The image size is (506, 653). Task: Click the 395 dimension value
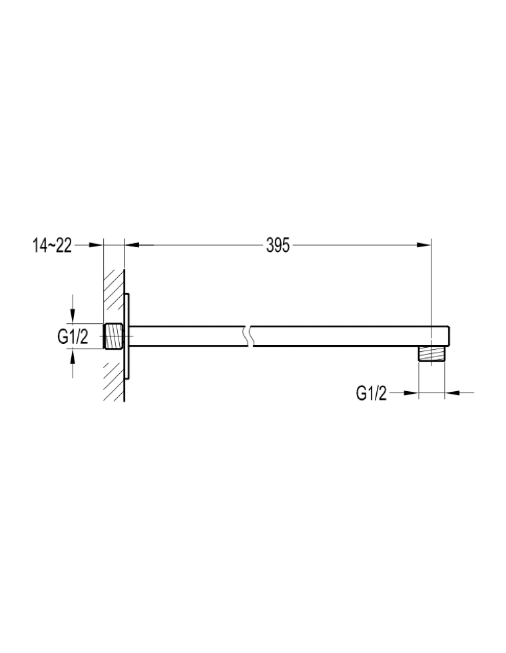coord(278,245)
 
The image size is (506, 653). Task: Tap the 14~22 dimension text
coord(52,246)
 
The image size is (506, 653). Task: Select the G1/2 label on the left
coord(73,337)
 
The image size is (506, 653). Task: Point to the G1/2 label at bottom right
coord(372,393)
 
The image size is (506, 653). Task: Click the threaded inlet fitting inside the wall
coord(113,336)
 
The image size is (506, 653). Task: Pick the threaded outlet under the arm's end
coord(431,354)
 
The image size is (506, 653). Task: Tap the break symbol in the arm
coord(249,336)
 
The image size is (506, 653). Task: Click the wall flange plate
coord(127,336)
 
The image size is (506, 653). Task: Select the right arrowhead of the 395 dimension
coord(424,245)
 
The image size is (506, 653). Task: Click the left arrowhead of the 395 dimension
coord(132,245)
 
